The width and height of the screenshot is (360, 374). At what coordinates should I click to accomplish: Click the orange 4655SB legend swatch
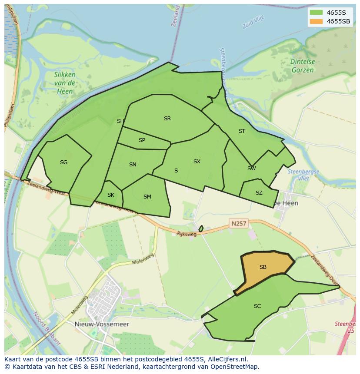[x=317, y=21]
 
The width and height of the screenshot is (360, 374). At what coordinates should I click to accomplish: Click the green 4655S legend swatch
[x=317, y=12]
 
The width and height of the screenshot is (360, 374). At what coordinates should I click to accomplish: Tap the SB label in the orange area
[x=263, y=267]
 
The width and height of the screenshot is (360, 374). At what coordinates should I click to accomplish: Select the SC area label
[x=257, y=306]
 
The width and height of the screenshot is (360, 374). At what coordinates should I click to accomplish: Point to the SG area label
[x=63, y=162]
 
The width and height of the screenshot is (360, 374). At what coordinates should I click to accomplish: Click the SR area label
[x=167, y=119]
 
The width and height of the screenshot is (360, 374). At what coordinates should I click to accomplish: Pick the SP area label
[x=142, y=140]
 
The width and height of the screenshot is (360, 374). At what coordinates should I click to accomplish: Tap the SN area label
[x=133, y=165]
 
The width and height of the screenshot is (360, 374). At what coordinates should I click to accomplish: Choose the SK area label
[x=110, y=195]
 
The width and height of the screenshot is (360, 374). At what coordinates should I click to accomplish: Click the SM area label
[x=147, y=197]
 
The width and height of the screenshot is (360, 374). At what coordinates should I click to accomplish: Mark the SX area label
[x=197, y=162]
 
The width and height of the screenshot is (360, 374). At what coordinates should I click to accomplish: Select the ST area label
[x=242, y=131]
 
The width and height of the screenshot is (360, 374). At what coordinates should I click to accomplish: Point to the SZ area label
[x=259, y=193]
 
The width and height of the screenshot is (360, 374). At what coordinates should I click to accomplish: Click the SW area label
[x=251, y=169]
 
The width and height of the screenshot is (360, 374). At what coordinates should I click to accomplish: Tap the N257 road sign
[x=239, y=224]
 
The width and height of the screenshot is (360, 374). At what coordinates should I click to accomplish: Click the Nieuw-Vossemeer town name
[x=107, y=324]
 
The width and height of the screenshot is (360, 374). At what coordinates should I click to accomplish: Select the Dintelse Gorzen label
[x=303, y=66]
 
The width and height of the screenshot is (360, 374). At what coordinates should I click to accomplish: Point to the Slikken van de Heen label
[x=65, y=83]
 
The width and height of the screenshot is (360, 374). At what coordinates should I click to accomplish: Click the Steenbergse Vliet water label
[x=303, y=175]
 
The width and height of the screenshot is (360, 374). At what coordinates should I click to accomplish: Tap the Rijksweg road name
[x=187, y=234]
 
